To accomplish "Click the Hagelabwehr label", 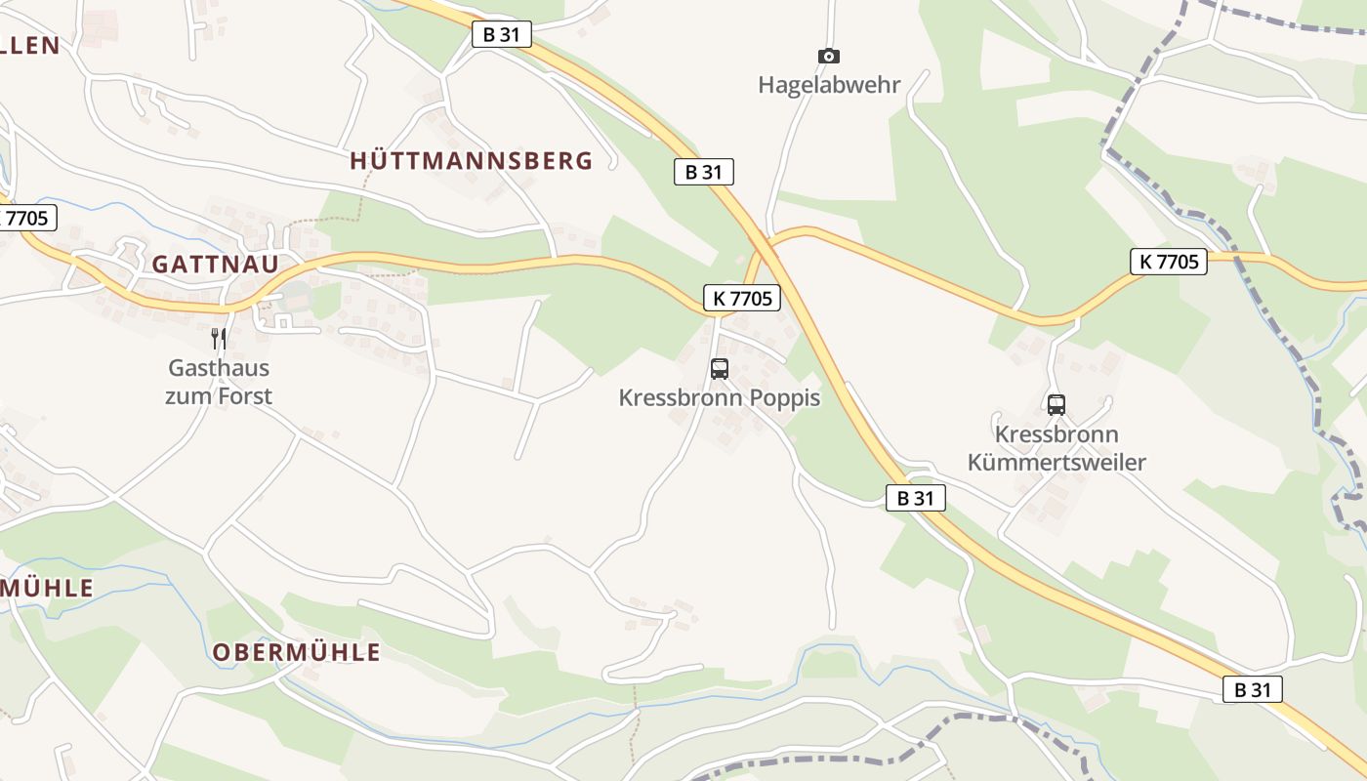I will tap(829, 84).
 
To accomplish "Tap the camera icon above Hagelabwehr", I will tap(829, 57).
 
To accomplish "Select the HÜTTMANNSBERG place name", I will tap(472, 161).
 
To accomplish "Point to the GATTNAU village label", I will tap(215, 264).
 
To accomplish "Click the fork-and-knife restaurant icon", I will tap(219, 339).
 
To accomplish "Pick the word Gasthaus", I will tap(219, 369).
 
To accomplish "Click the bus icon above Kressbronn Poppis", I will tap(720, 369).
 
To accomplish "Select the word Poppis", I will tap(786, 398).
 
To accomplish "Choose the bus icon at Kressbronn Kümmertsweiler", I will tap(1056, 405).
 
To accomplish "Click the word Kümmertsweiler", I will tap(1056, 462).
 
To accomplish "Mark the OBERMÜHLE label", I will tap(297, 653).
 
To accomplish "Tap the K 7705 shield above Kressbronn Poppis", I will tap(742, 298).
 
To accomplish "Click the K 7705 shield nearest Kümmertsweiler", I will tap(1169, 262).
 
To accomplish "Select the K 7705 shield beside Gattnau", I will tap(27, 218).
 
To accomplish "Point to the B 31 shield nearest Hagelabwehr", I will tap(703, 172).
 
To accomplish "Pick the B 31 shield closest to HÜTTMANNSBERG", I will tap(502, 34).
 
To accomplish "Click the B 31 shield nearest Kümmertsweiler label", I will tap(916, 498).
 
